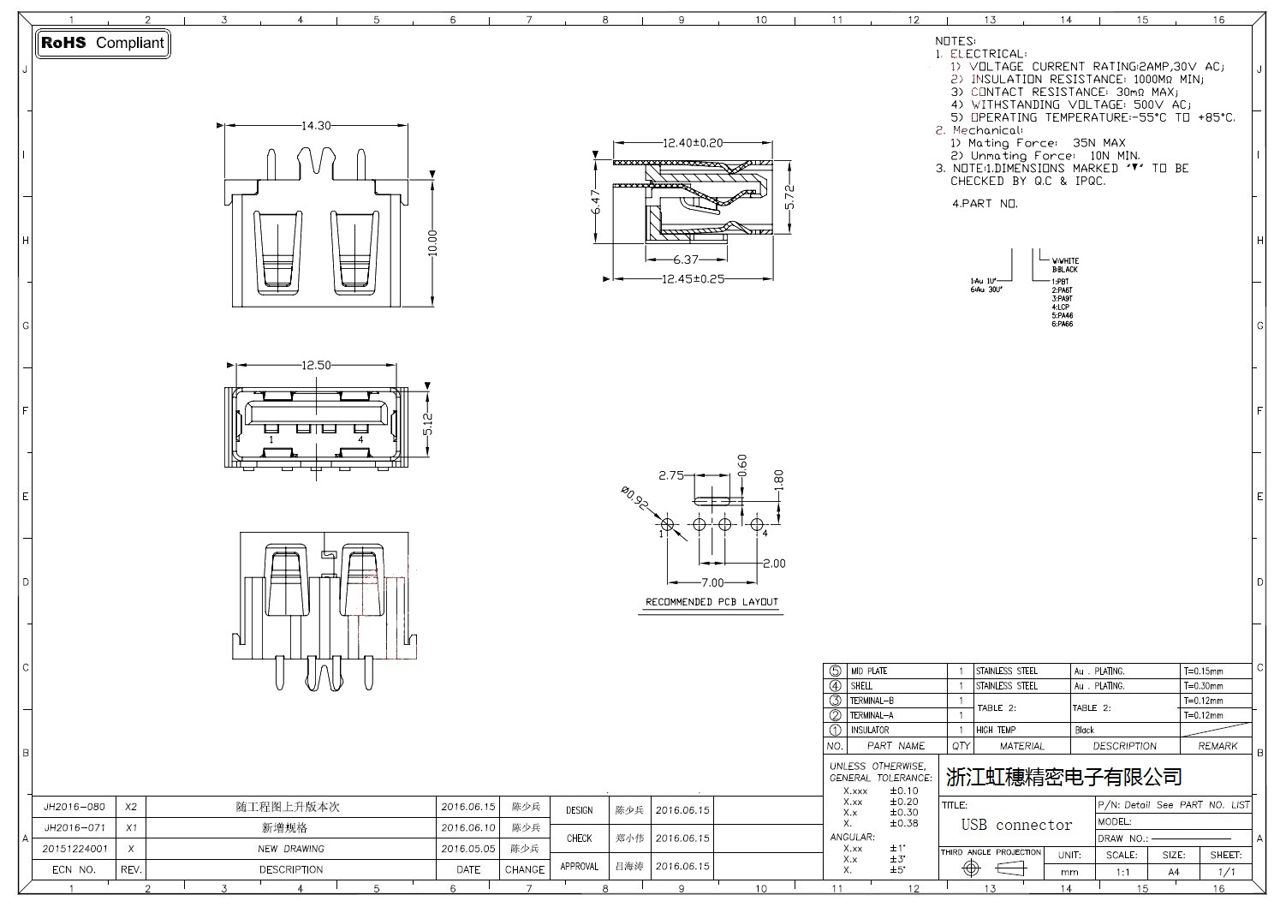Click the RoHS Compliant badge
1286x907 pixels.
[103, 43]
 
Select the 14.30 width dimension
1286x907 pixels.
[316, 126]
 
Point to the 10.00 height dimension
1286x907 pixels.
[432, 243]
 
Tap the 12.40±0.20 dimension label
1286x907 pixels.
[693, 143]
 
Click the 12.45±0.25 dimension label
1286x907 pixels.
[694, 278]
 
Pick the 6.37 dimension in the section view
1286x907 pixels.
[686, 260]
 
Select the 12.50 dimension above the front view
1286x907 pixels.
[316, 365]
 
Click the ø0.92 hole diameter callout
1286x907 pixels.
[634, 498]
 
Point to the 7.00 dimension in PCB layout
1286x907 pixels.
[712, 583]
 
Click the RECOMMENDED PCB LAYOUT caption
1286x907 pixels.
[711, 602]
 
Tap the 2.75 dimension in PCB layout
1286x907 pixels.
[671, 475]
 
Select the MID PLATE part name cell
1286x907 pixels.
[869, 671]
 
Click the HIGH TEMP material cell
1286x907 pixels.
[996, 731]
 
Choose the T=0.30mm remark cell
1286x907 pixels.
[1203, 686]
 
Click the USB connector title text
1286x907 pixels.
[1016, 826]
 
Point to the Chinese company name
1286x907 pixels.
[1063, 777]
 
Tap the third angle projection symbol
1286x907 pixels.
[991, 868]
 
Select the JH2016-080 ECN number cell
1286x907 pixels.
[74, 807]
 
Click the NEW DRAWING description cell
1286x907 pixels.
[291, 849]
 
